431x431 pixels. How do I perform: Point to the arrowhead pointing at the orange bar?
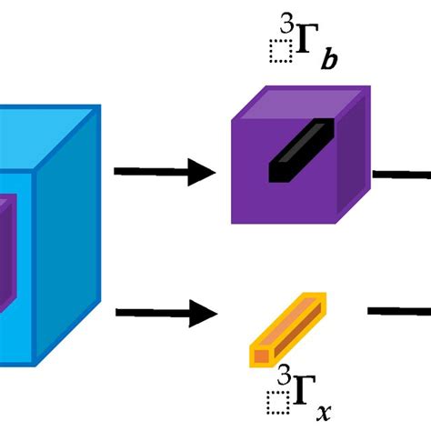(x=205, y=315)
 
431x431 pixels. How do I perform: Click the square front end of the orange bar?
(x=262, y=353)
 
